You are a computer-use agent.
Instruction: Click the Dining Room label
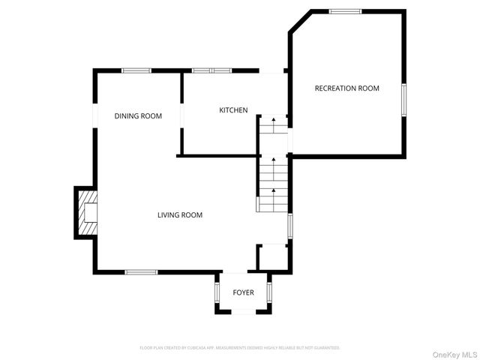138,115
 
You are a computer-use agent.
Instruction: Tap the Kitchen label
233,110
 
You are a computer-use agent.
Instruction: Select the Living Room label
180,215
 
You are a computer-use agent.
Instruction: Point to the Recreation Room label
346,88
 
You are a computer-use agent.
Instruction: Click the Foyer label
243,292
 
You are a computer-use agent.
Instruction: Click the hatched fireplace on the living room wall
87,212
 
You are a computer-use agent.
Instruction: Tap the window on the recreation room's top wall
345,11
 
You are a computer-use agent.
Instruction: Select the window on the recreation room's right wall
403,100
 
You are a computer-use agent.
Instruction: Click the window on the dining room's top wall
137,70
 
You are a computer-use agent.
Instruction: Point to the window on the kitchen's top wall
211,70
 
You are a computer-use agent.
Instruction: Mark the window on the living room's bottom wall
140,271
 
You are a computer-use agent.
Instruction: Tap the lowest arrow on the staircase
273,190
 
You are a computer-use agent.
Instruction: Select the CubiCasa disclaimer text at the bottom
240,348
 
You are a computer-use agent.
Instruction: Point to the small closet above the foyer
271,257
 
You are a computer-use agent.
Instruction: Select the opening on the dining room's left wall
94,116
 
